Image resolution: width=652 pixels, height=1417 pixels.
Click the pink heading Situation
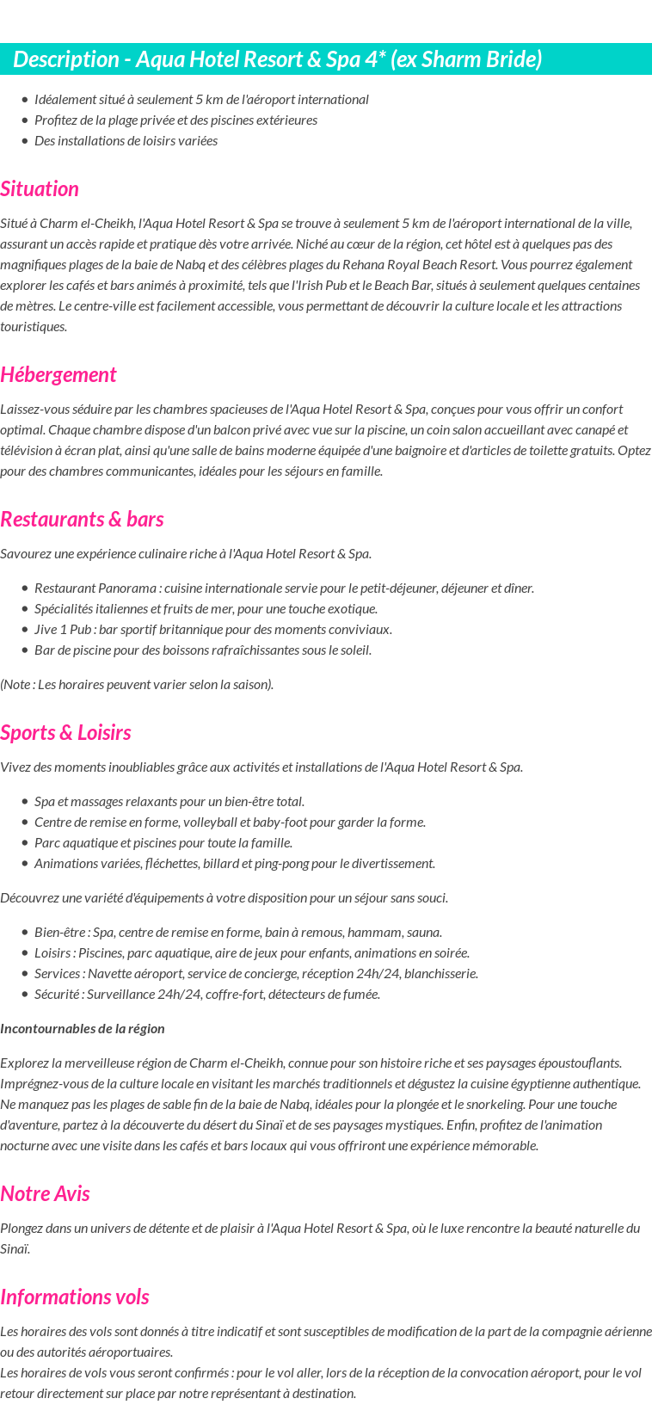[x=40, y=189]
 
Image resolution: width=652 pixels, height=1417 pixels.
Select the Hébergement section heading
[x=58, y=375]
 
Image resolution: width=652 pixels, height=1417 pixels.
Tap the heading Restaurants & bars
[x=82, y=520]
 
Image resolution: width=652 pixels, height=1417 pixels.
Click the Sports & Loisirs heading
[x=65, y=733]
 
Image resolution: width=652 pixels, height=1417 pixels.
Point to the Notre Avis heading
[x=45, y=1194]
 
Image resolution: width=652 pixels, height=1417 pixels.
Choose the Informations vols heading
[x=75, y=1297]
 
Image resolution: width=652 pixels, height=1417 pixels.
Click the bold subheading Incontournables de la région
[x=83, y=1029]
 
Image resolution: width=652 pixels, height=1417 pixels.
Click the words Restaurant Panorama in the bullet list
[x=95, y=588]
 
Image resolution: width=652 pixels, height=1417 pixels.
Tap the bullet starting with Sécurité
[x=206, y=995]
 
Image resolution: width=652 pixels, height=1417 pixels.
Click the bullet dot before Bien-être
[x=25, y=933]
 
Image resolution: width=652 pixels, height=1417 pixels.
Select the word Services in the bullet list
[x=58, y=974]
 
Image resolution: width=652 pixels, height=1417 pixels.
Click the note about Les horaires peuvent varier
[x=137, y=685]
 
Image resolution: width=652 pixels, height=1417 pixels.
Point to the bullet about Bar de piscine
[x=203, y=650]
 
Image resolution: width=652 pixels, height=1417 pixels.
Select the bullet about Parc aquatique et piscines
[x=163, y=843]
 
